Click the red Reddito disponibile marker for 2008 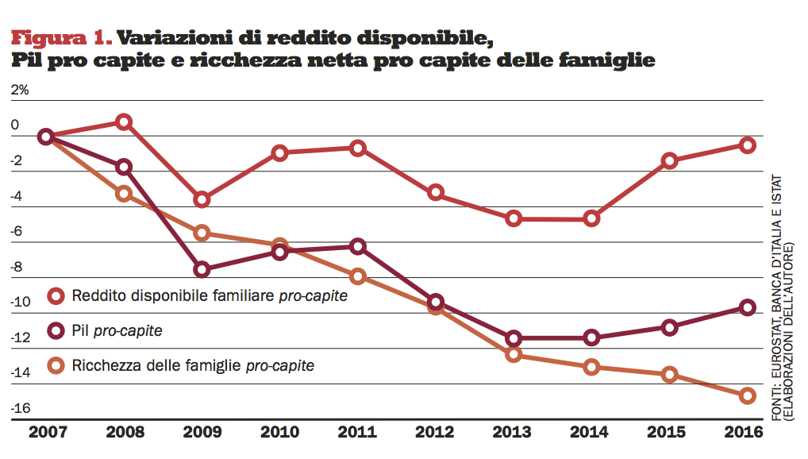[x=123, y=121]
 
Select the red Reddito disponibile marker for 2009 [x=202, y=199]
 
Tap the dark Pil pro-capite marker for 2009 [x=202, y=269]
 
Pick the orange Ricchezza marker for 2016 [x=747, y=395]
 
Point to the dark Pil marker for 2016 [x=747, y=307]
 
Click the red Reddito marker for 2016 [x=747, y=145]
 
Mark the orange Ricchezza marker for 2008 [x=123, y=193]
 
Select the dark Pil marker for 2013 [x=514, y=338]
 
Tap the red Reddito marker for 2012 [x=435, y=192]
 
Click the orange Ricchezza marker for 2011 [x=357, y=276]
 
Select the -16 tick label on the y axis [x=20, y=408]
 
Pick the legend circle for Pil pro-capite [x=56, y=330]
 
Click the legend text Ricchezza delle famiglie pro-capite [x=193, y=365]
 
